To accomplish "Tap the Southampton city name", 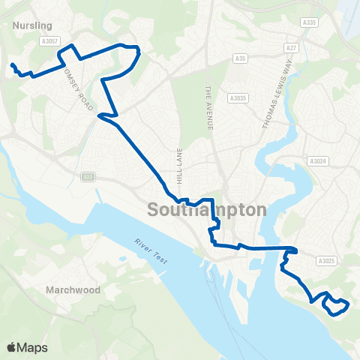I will click(x=208, y=209).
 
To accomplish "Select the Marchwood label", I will click(x=73, y=289).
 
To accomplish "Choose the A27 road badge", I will click(x=291, y=48).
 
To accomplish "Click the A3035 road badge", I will click(x=238, y=97).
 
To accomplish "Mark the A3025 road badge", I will click(x=325, y=261).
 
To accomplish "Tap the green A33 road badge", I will click(x=88, y=176).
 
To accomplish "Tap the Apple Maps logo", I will click(x=27, y=347).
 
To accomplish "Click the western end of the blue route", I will click(x=11, y=64).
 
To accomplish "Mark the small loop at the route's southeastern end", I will click(x=335, y=304).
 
